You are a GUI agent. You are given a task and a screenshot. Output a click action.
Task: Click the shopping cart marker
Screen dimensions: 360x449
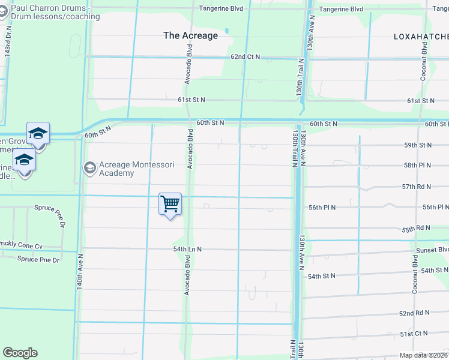click(x=170, y=205)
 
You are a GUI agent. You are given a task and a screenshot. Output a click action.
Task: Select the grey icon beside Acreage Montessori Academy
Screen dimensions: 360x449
click(x=90, y=166)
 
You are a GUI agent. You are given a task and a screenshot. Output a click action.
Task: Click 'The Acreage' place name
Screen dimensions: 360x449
click(x=190, y=35)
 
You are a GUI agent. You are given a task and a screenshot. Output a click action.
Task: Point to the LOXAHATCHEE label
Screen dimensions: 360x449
click(x=420, y=37)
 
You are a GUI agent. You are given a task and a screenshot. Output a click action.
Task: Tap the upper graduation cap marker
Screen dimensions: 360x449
click(x=38, y=134)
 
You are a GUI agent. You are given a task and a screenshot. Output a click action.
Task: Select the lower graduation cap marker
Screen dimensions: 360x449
click(x=24, y=161)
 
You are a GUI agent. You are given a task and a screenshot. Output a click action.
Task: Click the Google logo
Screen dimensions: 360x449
click(x=20, y=353)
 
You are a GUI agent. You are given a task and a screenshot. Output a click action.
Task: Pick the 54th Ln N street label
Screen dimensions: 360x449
click(x=187, y=249)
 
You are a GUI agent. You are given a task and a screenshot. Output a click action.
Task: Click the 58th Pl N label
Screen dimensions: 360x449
click(x=418, y=165)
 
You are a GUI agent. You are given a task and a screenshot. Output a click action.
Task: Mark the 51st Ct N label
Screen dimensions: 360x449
click(x=414, y=334)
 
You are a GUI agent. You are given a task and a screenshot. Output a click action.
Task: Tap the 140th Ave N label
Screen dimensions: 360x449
click(x=80, y=272)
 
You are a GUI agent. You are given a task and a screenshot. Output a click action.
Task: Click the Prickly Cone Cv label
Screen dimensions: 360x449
click(x=21, y=246)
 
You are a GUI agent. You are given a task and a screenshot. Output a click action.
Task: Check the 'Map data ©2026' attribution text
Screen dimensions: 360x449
click(x=424, y=355)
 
